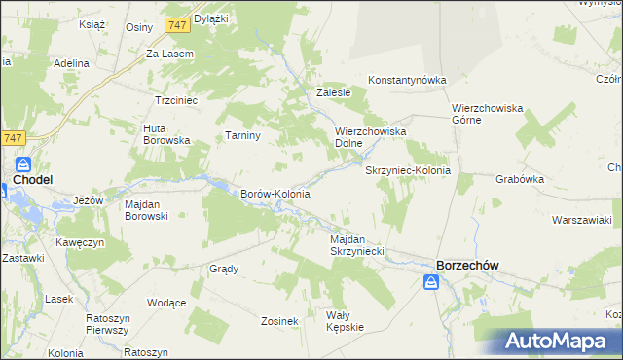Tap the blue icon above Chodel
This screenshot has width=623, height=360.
[x=23, y=164]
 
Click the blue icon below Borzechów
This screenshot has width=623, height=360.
[x=431, y=282]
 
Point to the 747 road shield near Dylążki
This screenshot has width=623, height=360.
[x=177, y=23]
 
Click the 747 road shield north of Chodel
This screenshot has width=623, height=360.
[x=12, y=139]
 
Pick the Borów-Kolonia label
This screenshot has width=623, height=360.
[x=275, y=194]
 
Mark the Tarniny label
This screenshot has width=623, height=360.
[x=242, y=135]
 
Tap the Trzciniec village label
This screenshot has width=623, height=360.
[x=176, y=100]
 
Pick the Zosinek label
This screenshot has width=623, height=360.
[x=278, y=320]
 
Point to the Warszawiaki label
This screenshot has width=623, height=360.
[x=580, y=220]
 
